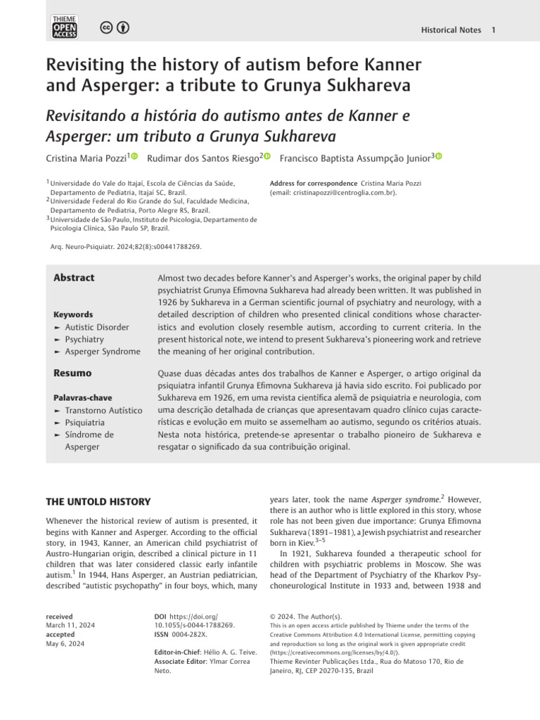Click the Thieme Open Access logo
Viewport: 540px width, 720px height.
[x=64, y=27]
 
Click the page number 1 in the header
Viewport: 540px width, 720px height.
[x=494, y=30]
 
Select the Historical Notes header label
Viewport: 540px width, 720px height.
[x=451, y=30]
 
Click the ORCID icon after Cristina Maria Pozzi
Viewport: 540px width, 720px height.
[x=134, y=157]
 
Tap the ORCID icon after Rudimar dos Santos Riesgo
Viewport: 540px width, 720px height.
[x=267, y=157]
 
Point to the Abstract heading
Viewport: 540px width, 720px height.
[x=74, y=278]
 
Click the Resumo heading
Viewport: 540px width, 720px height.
[x=72, y=373]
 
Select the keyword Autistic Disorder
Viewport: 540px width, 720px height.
[x=97, y=328]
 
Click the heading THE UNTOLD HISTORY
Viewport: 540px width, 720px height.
[x=98, y=502]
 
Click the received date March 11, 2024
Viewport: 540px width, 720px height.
[x=70, y=625]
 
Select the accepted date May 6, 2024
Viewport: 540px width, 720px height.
[x=65, y=643]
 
